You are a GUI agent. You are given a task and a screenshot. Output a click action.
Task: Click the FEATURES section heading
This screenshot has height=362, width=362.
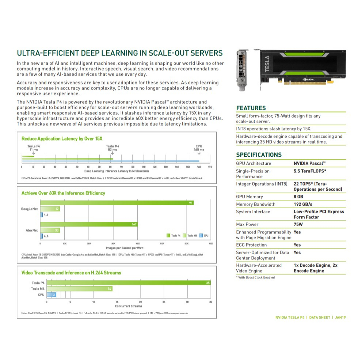[x=251, y=108]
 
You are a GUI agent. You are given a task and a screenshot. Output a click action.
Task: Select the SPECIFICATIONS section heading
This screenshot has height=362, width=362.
[x=259, y=155]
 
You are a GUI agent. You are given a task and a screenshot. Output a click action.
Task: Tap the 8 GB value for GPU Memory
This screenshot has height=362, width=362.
[x=298, y=197]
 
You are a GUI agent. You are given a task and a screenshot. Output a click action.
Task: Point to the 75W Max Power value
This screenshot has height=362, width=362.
[x=299, y=224]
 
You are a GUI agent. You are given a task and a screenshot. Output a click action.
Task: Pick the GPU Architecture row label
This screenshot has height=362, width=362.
[x=254, y=163]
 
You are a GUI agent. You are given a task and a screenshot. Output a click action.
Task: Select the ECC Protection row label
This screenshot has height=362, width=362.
[x=251, y=245]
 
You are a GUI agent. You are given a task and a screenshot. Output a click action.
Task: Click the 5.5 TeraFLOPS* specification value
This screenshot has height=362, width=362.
[x=310, y=171]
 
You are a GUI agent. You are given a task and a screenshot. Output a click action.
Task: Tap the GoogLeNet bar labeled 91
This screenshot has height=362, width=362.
[x=117, y=203]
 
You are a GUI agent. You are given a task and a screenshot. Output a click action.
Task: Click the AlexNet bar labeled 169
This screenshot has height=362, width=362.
[x=89, y=224]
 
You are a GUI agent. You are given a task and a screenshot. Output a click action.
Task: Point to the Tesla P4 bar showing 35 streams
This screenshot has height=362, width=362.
[x=128, y=283]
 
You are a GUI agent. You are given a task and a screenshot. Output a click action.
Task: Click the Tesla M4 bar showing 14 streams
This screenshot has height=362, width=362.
[x=79, y=289]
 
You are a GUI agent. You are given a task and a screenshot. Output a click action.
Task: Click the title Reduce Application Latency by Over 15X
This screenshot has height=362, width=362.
[x=62, y=139]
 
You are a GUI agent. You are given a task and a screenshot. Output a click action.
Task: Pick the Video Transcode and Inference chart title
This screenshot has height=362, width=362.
[x=71, y=273]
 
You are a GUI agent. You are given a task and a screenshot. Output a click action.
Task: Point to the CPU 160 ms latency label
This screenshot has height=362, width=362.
[x=199, y=148]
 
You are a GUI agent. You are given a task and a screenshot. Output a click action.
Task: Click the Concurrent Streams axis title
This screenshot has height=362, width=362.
[x=129, y=306]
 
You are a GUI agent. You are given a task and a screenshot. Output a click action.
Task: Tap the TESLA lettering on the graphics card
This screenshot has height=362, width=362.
[x=267, y=64]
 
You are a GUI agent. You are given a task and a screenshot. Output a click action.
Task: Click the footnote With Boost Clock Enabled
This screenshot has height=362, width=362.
[x=255, y=277]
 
